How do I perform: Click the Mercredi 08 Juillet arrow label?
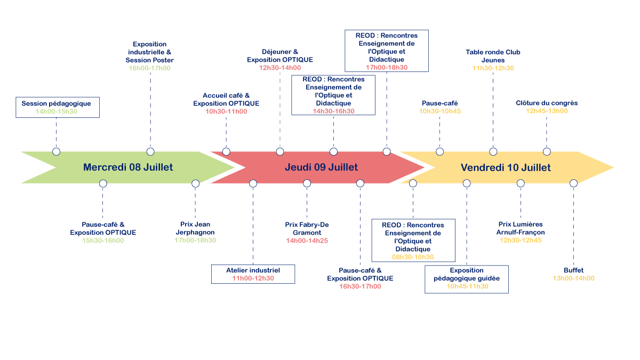pos(128,167)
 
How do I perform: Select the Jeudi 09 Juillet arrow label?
pos(321,167)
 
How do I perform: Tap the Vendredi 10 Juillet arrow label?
pos(506,167)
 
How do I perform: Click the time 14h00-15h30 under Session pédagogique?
pos(56,111)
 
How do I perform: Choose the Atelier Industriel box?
pos(253,274)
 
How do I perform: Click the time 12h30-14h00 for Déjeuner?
pos(280,68)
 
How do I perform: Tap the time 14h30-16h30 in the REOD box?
pos(333,111)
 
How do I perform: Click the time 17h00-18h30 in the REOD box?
pos(387,68)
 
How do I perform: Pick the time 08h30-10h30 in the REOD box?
pos(413,257)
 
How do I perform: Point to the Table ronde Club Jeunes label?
pos(493,56)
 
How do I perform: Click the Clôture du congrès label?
pos(547,103)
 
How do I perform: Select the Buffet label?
pos(573,270)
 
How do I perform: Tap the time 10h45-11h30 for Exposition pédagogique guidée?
pos(467,286)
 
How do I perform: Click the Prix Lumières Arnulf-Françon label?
pos(520,229)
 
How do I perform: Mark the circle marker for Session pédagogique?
pos(56,151)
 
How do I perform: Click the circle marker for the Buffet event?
pos(573,183)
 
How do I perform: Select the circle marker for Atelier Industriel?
pos(253,183)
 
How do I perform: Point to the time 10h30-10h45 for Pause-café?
pos(440,111)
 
